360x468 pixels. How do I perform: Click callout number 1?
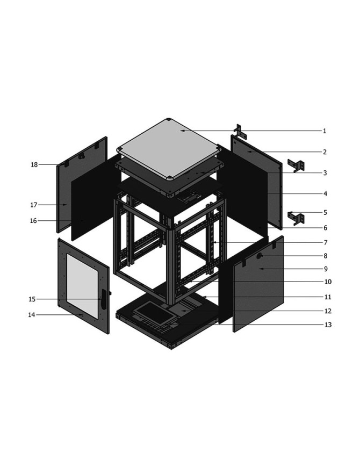click(x=325, y=131)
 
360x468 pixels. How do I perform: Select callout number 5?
click(x=325, y=213)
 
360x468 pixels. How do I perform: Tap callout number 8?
click(x=326, y=256)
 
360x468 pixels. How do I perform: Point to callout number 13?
click(x=328, y=325)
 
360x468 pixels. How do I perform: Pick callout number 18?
click(x=34, y=164)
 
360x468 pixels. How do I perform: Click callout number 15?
click(x=32, y=299)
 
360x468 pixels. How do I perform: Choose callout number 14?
click(x=32, y=314)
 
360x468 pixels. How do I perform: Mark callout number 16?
click(x=33, y=221)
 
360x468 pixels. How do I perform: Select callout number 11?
click(x=328, y=297)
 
